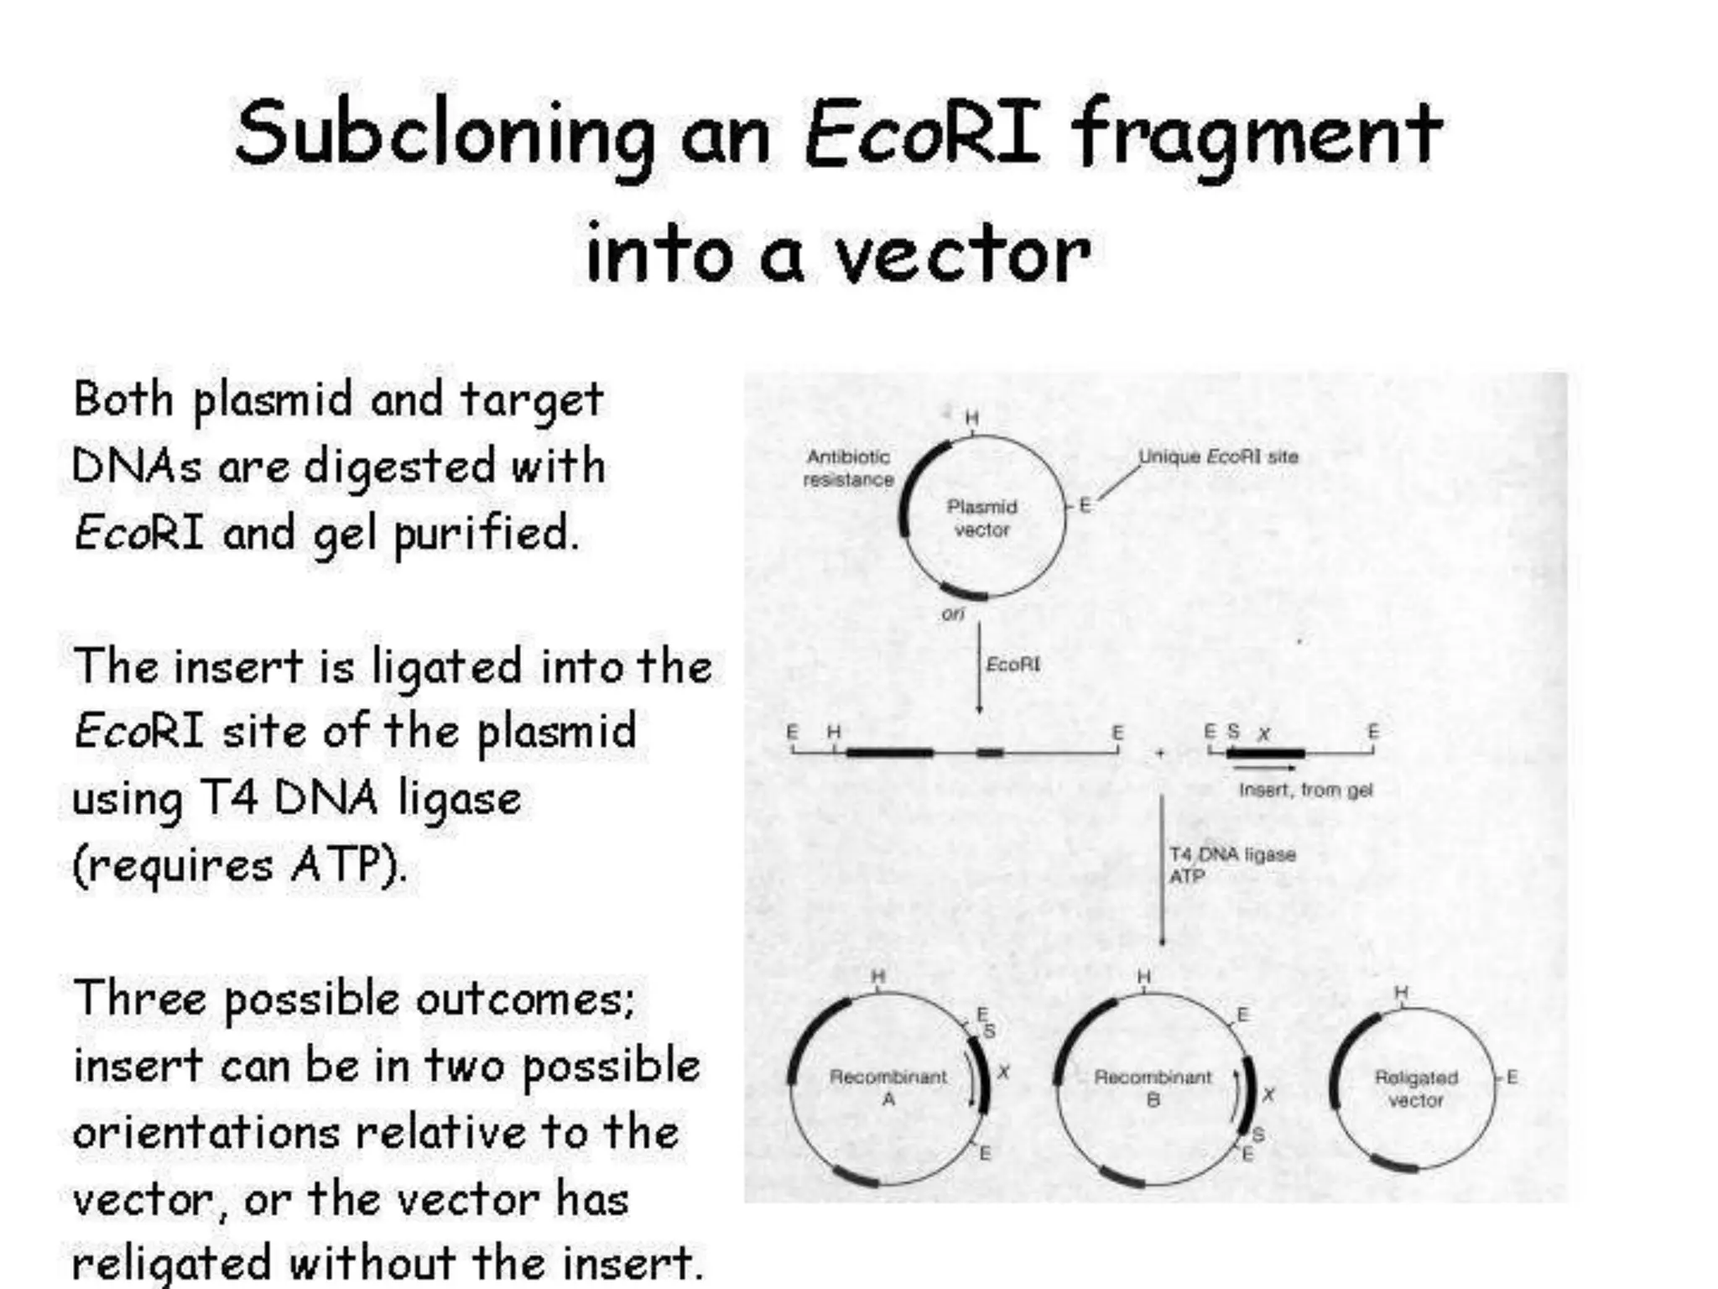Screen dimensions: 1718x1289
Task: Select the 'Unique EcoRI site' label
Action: pos(1217,457)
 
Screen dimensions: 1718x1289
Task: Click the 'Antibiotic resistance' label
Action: pos(848,468)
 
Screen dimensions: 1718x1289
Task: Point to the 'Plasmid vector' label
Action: pos(981,518)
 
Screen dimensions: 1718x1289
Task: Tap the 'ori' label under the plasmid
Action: pos(953,613)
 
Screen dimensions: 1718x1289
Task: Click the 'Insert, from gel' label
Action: pos(1305,790)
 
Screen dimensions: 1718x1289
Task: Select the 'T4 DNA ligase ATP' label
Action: pos(1231,864)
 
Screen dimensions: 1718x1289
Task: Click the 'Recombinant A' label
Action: pos(888,1087)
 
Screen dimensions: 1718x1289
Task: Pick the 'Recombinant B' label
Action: pos(1153,1087)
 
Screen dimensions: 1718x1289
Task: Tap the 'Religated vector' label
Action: pos(1416,1088)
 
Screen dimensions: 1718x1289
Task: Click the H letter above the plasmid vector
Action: pos(971,418)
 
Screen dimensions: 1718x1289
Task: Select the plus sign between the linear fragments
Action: pos(1160,753)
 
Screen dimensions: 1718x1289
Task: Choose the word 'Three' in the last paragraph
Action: pos(140,999)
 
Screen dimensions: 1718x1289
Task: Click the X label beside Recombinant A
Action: pos(1003,1072)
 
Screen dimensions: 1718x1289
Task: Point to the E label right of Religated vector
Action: pos(1512,1077)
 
